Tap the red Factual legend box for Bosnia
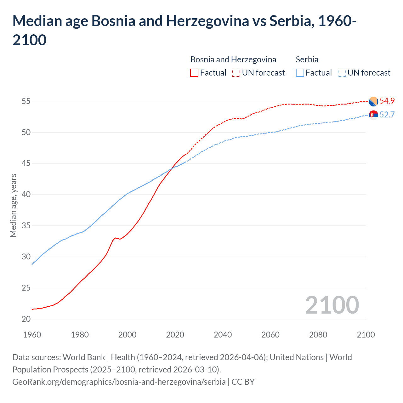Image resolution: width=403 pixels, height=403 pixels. point(194,73)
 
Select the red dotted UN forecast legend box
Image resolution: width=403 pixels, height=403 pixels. point(236,73)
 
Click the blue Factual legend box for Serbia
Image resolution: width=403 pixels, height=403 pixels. point(300,73)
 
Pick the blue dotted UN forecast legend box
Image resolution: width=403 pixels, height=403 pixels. point(342,73)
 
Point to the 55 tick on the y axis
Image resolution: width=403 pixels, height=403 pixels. point(26,101)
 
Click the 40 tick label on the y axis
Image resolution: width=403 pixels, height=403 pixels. point(26,195)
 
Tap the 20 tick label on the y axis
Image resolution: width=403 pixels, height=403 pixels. point(26,319)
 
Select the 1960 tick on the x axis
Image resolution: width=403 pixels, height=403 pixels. point(32,334)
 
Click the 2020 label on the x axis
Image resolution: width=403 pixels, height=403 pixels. point(175,334)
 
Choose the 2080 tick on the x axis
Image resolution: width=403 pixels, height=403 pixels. point(318,334)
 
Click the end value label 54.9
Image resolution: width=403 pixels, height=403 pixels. point(387,101)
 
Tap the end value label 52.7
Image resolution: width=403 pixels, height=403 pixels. point(387,115)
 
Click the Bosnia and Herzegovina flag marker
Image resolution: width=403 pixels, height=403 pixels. point(373,101)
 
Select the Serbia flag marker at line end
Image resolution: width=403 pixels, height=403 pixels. point(373,115)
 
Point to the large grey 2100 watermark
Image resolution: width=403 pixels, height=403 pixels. point(332,305)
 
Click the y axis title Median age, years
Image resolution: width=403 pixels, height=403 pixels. point(13,205)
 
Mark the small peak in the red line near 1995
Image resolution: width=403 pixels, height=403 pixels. point(115,238)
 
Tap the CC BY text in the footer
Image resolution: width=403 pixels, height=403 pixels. point(243,382)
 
